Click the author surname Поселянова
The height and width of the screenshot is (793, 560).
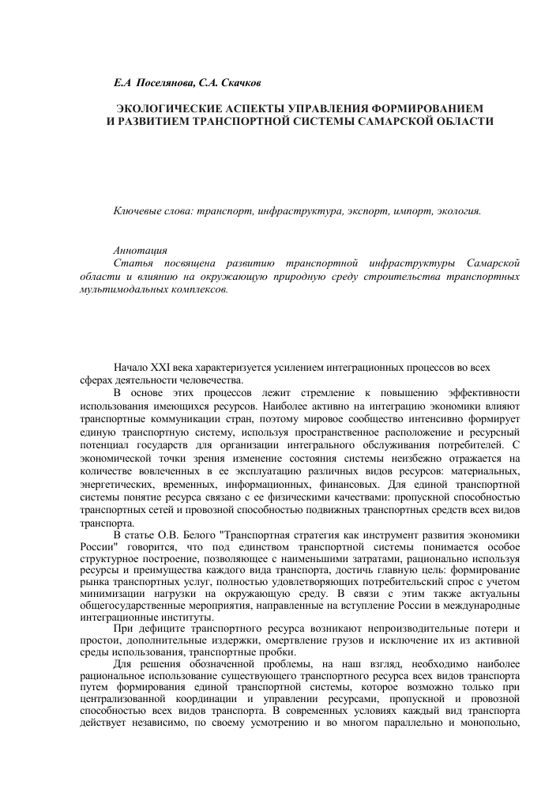[166, 82]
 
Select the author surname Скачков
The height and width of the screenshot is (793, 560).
[239, 82]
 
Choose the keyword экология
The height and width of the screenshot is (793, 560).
[453, 211]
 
